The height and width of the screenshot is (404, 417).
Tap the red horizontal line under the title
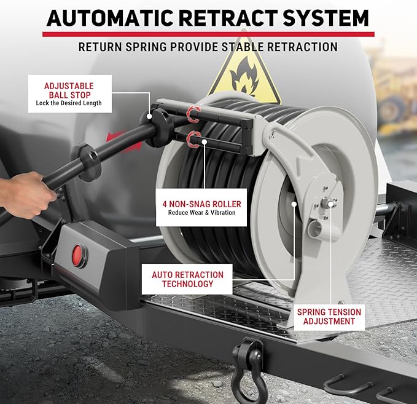(208, 34)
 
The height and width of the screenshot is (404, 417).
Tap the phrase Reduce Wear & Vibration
(202, 213)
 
